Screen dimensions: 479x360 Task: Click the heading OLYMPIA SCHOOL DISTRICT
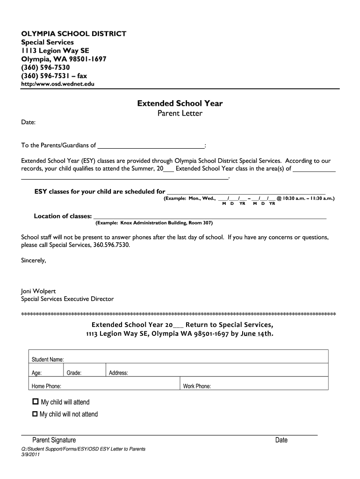click(x=73, y=34)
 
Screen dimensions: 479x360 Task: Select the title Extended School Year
click(x=180, y=103)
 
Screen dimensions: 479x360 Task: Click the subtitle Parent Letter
click(x=180, y=113)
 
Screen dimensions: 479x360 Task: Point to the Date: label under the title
click(x=28, y=122)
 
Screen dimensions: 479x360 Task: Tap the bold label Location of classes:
click(x=63, y=216)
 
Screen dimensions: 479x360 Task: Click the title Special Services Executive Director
click(x=67, y=299)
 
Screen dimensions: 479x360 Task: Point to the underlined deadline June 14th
click(x=256, y=334)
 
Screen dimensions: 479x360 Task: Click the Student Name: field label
click(x=47, y=360)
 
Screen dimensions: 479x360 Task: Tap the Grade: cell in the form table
click(x=74, y=373)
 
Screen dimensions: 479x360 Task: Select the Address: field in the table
click(x=118, y=373)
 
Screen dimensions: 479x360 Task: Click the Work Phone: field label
click(x=197, y=386)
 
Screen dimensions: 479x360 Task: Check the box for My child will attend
click(x=35, y=402)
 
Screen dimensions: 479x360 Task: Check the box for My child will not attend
click(x=35, y=414)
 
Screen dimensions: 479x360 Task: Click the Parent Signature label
click(x=54, y=440)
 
